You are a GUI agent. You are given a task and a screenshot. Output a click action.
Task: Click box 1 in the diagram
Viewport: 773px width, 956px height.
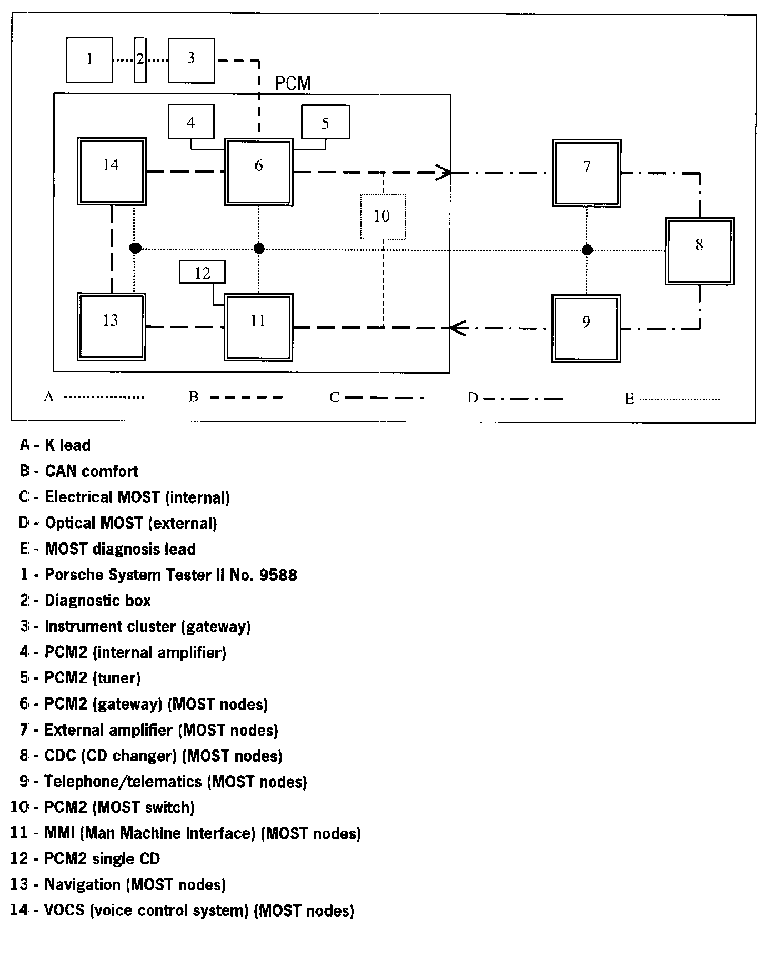(89, 59)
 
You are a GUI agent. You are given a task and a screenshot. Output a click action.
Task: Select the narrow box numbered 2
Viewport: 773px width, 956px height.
(140, 59)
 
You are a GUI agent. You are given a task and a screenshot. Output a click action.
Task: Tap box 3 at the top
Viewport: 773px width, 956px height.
(191, 60)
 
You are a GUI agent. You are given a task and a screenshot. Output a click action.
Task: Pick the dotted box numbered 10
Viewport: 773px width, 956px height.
(383, 217)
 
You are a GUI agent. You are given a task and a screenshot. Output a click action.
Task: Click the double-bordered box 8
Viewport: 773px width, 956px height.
(700, 251)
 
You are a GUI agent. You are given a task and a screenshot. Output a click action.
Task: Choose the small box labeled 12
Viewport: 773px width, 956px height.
(203, 273)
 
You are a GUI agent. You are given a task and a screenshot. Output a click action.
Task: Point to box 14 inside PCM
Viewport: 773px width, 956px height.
(112, 171)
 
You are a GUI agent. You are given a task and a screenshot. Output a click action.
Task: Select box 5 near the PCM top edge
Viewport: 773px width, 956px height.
(325, 122)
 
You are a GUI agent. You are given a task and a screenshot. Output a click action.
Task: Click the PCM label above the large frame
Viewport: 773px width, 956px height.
(293, 84)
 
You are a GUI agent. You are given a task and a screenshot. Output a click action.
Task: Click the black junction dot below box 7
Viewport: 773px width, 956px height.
(587, 250)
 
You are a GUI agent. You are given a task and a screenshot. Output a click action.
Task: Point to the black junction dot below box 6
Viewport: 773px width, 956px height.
(259, 248)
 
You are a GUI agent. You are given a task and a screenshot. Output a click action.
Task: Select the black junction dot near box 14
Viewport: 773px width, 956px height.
(135, 248)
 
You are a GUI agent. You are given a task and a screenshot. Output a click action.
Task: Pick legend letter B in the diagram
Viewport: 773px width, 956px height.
(194, 397)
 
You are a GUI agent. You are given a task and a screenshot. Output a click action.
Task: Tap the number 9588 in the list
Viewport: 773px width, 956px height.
(278, 575)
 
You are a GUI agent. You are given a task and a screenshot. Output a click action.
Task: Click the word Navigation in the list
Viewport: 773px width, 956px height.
(82, 884)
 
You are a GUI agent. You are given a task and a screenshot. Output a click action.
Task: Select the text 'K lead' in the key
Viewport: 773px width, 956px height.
(67, 445)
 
